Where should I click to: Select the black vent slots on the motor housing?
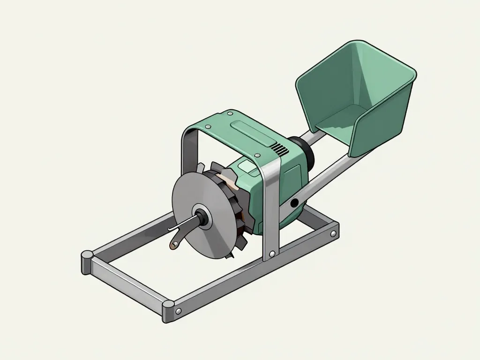pos(280,150)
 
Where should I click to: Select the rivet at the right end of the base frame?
pos(332,233)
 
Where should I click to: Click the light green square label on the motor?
pos(247,165)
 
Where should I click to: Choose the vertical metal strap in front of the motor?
pos(270,206)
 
